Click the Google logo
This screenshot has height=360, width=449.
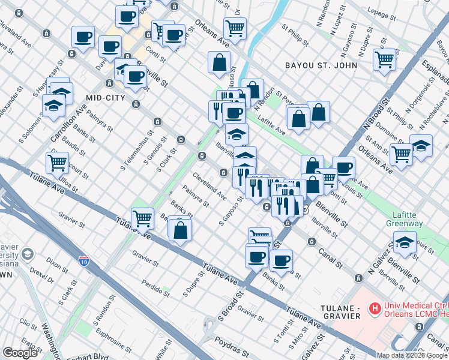pos(20,353)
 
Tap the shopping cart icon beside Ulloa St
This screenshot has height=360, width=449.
pos(57,162)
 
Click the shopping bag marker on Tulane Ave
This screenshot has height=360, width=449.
pos(181,229)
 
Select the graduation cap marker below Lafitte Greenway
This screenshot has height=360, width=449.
pos(405,244)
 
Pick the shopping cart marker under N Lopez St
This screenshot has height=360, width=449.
pos(384,59)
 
